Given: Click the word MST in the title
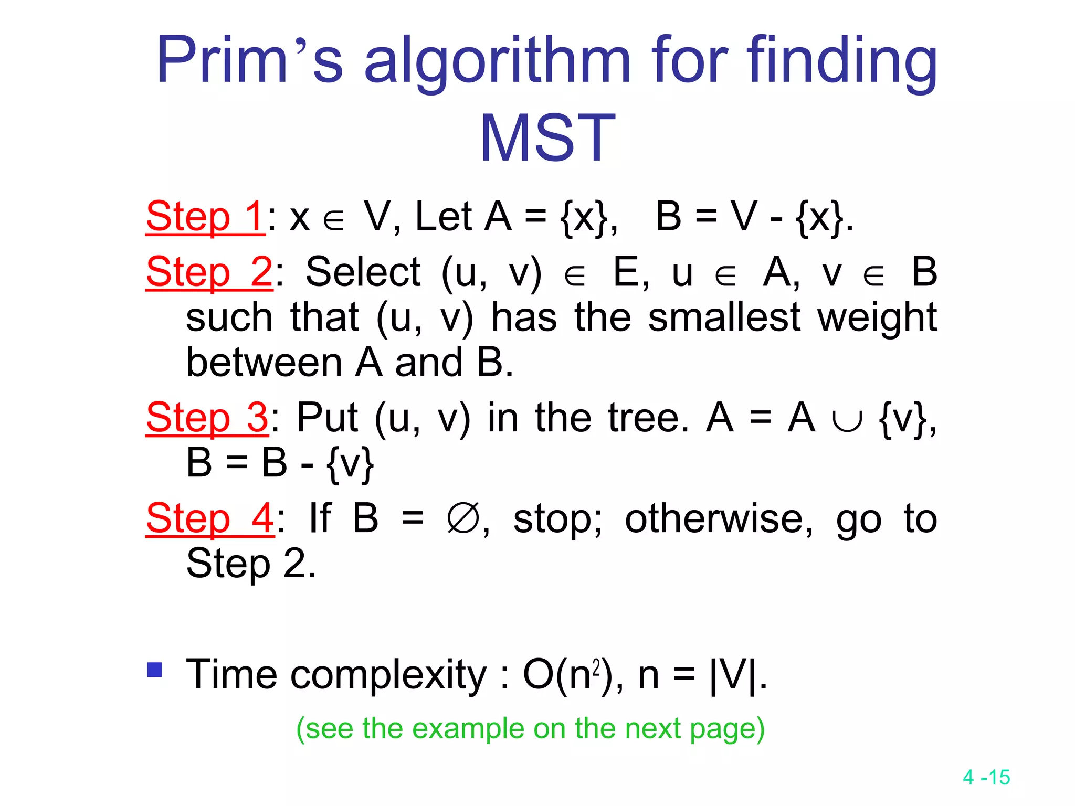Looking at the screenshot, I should click(x=547, y=138).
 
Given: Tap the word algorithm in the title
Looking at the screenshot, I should click(x=498, y=60).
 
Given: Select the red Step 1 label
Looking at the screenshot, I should click(x=205, y=216).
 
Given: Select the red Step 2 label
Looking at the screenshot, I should click(x=209, y=272).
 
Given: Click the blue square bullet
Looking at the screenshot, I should click(x=154, y=670).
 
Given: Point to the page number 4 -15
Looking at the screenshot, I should click(x=986, y=777).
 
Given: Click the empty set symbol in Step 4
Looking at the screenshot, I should click(x=462, y=518).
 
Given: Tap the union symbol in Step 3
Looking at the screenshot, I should click(x=847, y=420).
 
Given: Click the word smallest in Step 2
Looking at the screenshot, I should click(x=724, y=317).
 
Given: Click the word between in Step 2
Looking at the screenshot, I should click(x=264, y=363).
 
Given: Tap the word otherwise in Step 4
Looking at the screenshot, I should click(x=719, y=518).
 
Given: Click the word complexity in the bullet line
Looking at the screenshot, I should click(x=388, y=675).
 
